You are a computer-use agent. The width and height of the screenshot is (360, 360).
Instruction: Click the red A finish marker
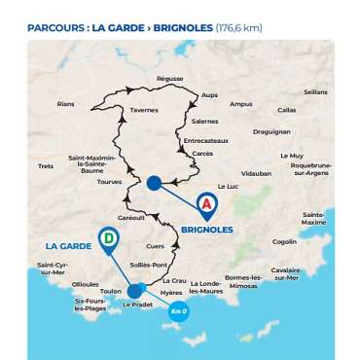[207, 203]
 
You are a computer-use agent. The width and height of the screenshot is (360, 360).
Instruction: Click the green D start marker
[108, 236]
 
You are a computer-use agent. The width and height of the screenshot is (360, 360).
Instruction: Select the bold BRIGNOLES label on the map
[207, 231]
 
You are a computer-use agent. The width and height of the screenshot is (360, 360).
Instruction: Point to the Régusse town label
[169, 78]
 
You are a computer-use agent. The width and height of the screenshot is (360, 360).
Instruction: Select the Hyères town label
[171, 292]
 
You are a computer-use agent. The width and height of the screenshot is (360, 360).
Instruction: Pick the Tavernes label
[144, 110]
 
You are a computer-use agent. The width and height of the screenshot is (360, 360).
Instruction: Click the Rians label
[66, 103]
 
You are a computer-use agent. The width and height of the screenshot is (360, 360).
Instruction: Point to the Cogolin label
[284, 241]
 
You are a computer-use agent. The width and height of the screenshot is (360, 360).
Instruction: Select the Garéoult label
[130, 217]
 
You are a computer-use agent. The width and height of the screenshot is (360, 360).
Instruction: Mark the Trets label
[46, 165]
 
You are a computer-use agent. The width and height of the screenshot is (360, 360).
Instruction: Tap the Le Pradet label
[139, 305]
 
